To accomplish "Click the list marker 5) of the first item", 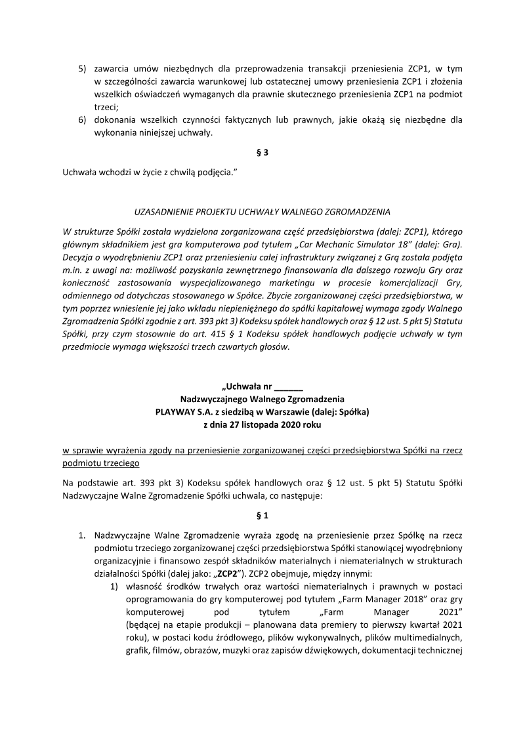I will (82, 68).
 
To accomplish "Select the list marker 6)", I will (82, 120).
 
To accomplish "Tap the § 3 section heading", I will (262, 153).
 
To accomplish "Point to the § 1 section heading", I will (262, 515).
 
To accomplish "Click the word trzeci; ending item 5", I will (106, 107).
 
